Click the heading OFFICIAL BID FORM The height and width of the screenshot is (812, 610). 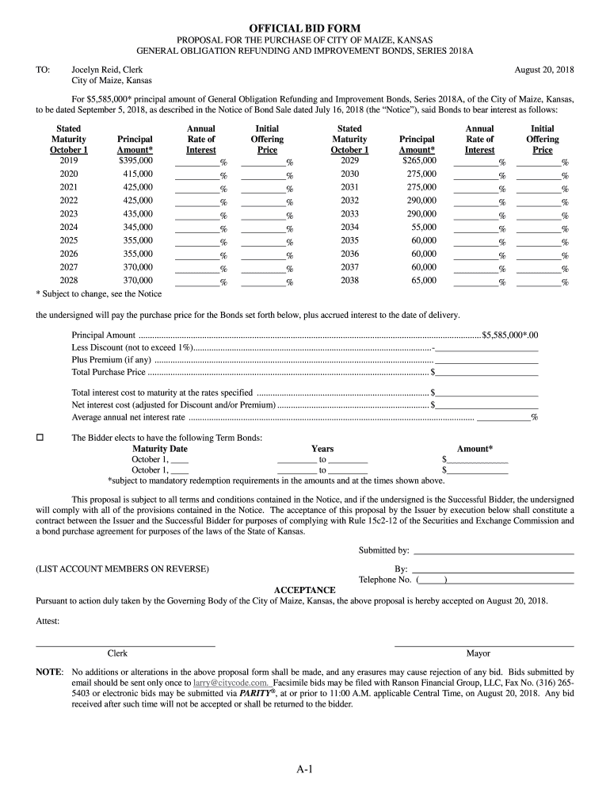305,29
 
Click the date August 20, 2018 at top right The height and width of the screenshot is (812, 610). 544,71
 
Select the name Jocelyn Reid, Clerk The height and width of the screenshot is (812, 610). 107,71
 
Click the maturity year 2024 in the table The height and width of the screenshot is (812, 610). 69,228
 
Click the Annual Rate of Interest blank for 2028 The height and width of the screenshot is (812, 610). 197,281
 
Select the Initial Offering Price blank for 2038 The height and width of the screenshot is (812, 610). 539,281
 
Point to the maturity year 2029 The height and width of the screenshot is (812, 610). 349,160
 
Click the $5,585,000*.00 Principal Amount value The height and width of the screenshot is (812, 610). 509,335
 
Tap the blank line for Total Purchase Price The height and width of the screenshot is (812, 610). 486,372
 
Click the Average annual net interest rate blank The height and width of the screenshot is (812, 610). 504,417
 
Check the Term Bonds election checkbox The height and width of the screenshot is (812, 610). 40,438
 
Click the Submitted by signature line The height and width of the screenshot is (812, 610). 494,550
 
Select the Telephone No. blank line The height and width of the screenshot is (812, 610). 511,580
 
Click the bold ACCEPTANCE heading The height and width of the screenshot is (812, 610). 304,591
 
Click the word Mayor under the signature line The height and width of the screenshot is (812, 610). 478,653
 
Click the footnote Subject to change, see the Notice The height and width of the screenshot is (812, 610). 99,294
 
